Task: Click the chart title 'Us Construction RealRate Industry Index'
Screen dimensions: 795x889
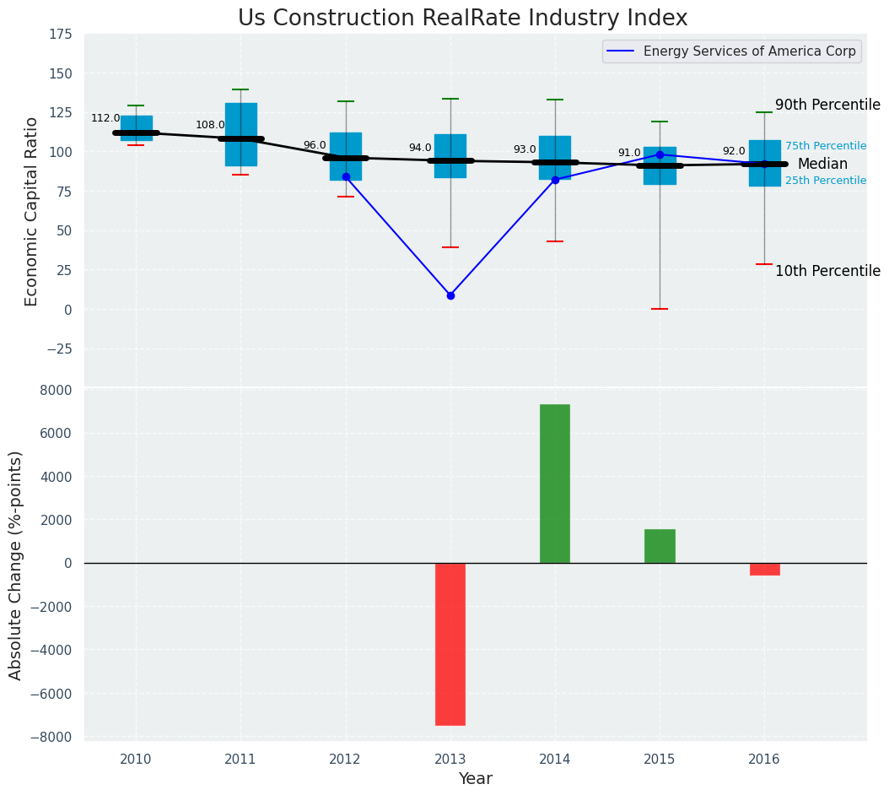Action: tap(462, 19)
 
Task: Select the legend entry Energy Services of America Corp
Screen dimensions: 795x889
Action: tap(749, 51)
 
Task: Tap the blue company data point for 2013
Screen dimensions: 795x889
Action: tap(450, 295)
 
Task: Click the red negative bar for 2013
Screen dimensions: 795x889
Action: tap(450, 644)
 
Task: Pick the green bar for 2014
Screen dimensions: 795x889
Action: tap(555, 484)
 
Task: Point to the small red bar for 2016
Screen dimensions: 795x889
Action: tap(764, 569)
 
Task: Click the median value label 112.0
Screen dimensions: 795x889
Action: tap(105, 119)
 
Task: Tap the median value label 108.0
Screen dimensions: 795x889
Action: tap(210, 126)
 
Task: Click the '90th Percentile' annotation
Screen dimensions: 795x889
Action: tap(827, 105)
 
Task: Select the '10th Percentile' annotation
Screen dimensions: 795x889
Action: tap(827, 272)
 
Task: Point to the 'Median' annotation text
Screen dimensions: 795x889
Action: tap(822, 165)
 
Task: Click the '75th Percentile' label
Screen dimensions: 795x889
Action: tap(825, 147)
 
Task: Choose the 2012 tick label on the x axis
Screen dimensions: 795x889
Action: tap(345, 760)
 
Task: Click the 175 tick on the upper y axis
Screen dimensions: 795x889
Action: tap(59, 35)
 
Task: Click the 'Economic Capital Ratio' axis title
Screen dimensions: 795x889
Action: tap(32, 211)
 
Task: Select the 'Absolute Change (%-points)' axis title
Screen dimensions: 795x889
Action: tap(16, 565)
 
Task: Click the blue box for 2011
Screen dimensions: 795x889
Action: tap(241, 134)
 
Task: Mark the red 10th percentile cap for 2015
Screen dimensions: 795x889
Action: tap(660, 309)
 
